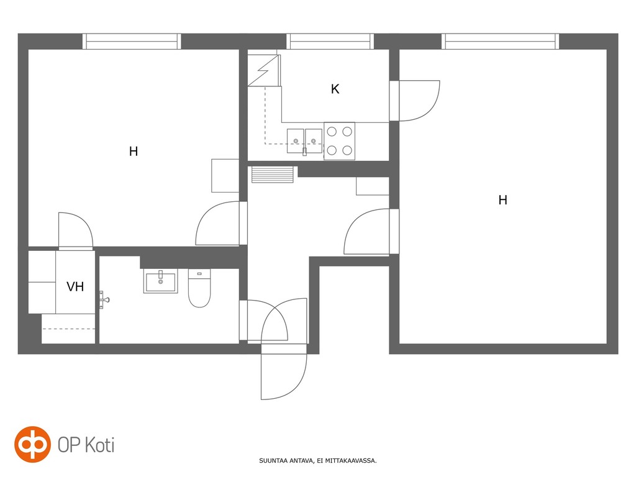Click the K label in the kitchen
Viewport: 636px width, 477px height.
[x=335, y=89]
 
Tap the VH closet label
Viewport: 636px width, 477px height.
[x=75, y=287]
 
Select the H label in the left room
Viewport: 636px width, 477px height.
[x=134, y=152]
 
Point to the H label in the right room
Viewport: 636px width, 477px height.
[x=502, y=200]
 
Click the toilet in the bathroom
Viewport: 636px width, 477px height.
[x=199, y=288]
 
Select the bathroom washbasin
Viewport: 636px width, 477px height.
[x=161, y=281]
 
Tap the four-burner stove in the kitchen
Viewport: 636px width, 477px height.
[x=340, y=141]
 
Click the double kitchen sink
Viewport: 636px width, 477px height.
[x=304, y=141]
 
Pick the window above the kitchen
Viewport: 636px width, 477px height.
[x=330, y=42]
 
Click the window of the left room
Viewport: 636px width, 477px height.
[x=132, y=42]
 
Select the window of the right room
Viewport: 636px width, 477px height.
[x=500, y=42]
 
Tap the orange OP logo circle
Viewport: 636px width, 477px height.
[x=32, y=444]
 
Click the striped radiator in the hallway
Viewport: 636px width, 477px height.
[x=272, y=175]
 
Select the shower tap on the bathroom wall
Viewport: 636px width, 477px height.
[x=104, y=300]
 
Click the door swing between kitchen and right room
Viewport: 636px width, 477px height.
[x=419, y=101]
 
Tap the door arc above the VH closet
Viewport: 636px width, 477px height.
[x=76, y=230]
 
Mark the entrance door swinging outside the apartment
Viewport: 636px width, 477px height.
[x=283, y=372]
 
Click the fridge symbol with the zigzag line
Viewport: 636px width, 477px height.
[x=264, y=70]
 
